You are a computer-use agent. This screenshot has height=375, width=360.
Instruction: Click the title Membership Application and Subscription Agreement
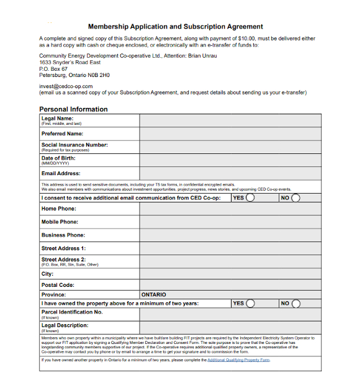pyautogui.click(x=176, y=27)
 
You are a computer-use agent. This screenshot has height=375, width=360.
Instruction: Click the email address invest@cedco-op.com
pyautogui.click(x=66, y=86)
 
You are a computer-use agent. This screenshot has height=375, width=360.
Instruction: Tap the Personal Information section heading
pyautogui.click(x=73, y=109)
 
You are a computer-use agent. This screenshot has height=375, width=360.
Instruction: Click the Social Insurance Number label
pyautogui.click(x=74, y=145)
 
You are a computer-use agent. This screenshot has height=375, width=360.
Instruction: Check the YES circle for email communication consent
pyautogui.click(x=250, y=198)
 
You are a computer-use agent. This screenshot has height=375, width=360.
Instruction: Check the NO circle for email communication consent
pyautogui.click(x=296, y=198)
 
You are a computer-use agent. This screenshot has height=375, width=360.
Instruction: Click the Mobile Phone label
pyautogui.click(x=60, y=222)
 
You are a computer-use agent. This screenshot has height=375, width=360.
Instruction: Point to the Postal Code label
pyautogui.click(x=58, y=285)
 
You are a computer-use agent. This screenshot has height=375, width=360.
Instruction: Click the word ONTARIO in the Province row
pyautogui.click(x=154, y=294)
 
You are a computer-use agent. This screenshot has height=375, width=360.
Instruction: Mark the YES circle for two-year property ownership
pyautogui.click(x=250, y=304)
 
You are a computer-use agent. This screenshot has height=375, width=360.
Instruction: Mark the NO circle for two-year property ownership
pyautogui.click(x=296, y=304)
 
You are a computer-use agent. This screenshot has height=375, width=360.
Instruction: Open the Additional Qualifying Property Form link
pyautogui.click(x=238, y=360)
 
